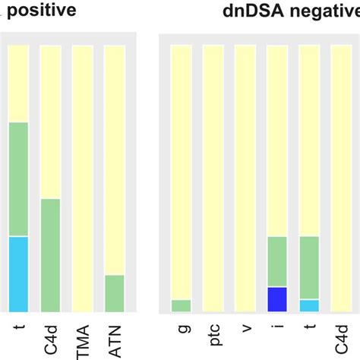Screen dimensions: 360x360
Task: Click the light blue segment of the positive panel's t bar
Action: click(17, 274)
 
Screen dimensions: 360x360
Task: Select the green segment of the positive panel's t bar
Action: click(17, 179)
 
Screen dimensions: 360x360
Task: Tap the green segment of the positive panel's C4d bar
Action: click(50, 255)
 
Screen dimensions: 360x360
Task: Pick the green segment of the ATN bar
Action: click(114, 293)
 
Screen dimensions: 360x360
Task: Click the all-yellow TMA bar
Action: click(82, 178)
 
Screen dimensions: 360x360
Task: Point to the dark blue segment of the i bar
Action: click(276, 299)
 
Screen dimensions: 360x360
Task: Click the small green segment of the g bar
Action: click(181, 306)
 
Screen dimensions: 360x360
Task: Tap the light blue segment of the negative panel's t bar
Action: click(309, 305)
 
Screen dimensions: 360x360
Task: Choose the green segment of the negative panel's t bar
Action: click(309, 267)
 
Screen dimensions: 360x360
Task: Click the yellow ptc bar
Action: click(213, 178)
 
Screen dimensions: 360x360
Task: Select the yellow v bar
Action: click(245, 178)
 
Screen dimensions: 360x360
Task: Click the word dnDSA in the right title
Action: click(253, 11)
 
